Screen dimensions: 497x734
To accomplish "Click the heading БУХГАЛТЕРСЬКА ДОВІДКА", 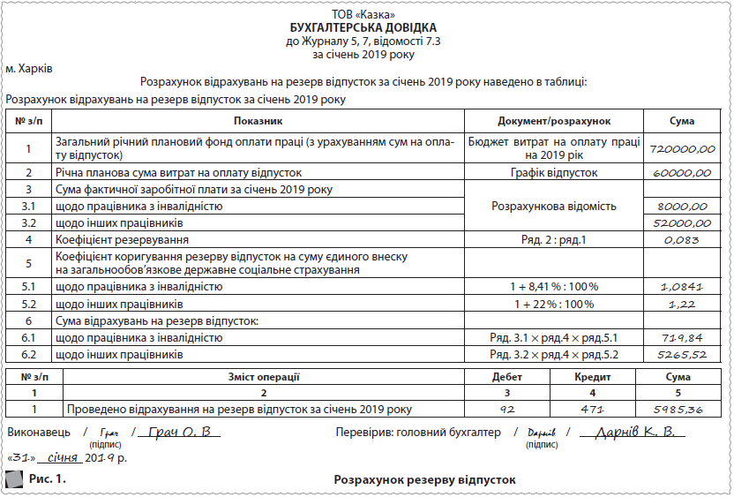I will click(x=369, y=27).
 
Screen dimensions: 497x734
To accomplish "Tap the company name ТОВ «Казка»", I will click(x=369, y=15).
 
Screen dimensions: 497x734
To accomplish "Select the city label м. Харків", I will click(x=29, y=68).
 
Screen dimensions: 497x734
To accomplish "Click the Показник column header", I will click(x=258, y=120).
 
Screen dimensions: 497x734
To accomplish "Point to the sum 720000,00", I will click(x=682, y=149).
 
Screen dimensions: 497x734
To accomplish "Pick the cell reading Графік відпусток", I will click(x=553, y=173).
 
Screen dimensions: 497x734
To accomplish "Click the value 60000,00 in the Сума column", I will click(x=682, y=173).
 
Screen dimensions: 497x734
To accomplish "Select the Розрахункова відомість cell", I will click(x=553, y=206).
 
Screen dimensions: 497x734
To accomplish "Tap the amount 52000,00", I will click(x=682, y=223).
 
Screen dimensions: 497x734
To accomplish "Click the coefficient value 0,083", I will click(x=682, y=240).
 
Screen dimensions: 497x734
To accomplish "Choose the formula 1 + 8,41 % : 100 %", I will click(x=553, y=287).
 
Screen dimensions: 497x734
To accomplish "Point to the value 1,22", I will click(x=682, y=304).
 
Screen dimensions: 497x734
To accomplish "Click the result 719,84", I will click(x=682, y=338).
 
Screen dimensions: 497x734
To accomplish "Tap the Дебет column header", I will click(x=506, y=376).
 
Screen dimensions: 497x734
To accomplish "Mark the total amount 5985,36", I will click(x=682, y=410).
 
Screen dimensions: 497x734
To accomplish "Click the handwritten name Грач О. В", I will click(x=182, y=433).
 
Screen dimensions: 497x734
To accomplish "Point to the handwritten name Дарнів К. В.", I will click(x=635, y=433).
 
